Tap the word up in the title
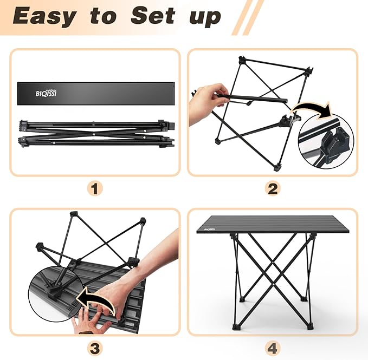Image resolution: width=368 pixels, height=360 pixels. click(x=205, y=17)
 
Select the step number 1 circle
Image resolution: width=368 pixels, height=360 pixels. click(x=95, y=188)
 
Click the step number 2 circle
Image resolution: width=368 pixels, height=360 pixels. click(x=273, y=188)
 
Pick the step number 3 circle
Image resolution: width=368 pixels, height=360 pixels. click(x=95, y=346)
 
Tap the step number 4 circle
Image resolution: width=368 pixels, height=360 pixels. click(x=273, y=346)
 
